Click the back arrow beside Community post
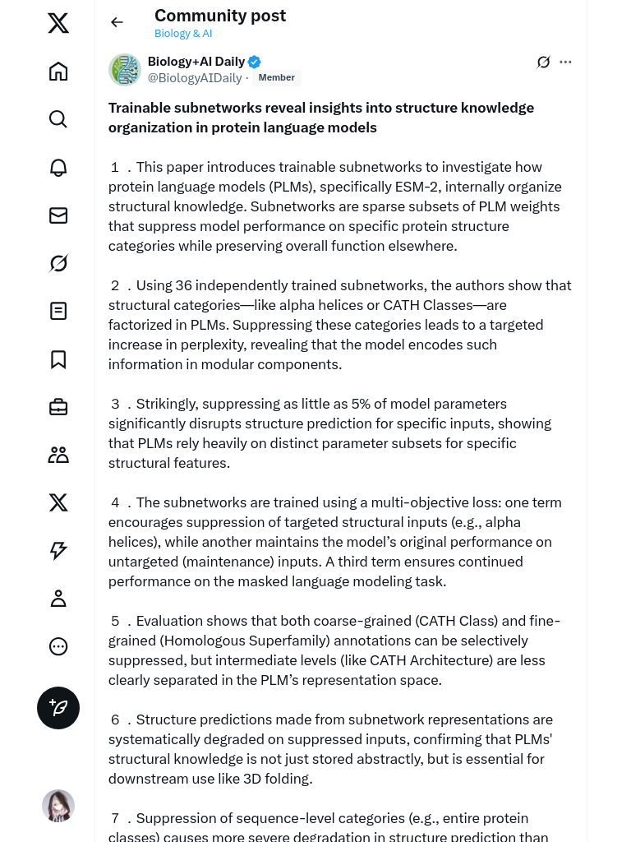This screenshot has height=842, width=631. (x=117, y=22)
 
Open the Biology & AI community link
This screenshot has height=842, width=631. (x=183, y=34)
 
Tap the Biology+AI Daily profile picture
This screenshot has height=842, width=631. (x=125, y=70)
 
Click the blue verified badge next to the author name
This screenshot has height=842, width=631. (x=255, y=62)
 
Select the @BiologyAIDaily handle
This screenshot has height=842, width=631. (x=195, y=78)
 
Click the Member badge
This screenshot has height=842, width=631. (x=277, y=78)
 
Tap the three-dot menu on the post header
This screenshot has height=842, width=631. (x=565, y=62)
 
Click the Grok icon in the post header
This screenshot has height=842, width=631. (x=543, y=62)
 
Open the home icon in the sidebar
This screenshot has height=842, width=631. (x=58, y=72)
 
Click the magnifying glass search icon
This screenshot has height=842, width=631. (x=58, y=119)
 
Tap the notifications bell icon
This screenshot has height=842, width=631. (x=58, y=167)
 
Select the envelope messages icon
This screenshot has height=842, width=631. (x=58, y=215)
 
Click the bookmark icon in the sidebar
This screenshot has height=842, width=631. (x=58, y=359)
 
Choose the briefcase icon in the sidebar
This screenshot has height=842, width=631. (x=58, y=407)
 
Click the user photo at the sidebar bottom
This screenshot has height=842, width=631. (x=58, y=806)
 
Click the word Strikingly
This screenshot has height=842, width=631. (x=165, y=404)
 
